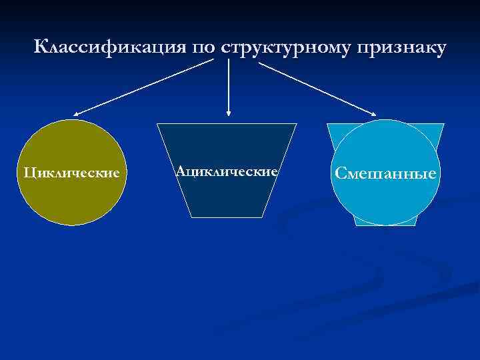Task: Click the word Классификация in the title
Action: click(110, 48)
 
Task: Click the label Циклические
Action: click(72, 173)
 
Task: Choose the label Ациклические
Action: click(227, 171)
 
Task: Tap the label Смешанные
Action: click(386, 174)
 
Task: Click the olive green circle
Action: click(72, 200)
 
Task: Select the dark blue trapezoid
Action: click(227, 197)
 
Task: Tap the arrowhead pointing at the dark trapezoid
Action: click(229, 115)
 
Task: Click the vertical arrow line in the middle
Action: click(229, 87)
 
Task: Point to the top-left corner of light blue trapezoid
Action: click(327, 124)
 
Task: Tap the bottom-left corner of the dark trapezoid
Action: click(191, 217)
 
